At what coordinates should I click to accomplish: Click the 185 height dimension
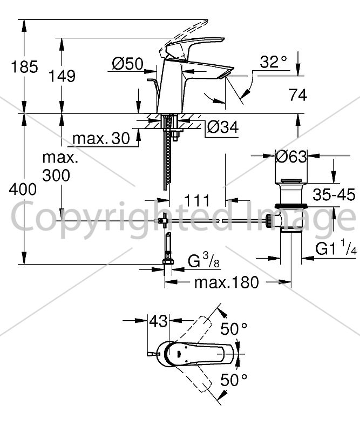[24, 67]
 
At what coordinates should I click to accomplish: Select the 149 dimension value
[62, 76]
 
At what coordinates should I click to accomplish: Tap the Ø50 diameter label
[127, 64]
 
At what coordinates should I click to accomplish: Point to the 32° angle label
[274, 62]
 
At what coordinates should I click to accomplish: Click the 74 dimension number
[298, 95]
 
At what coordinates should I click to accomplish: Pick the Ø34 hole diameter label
[223, 127]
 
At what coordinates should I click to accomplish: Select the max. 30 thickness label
[101, 138]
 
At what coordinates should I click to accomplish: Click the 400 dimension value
[23, 190]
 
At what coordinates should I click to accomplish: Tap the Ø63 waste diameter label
[291, 157]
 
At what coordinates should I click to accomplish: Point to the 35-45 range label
[334, 195]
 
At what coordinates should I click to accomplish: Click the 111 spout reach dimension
[197, 200]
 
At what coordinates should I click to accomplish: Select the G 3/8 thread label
[204, 260]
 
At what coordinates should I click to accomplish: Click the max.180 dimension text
[227, 282]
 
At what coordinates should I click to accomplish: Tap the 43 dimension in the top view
[158, 321]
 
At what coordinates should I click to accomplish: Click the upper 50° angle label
[234, 328]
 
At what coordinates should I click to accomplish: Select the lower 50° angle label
[234, 380]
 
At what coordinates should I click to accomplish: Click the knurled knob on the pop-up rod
[268, 220]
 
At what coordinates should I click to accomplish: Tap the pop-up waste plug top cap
[291, 181]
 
